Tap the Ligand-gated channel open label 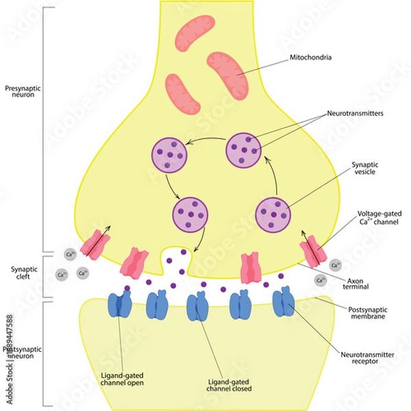(x=121, y=379)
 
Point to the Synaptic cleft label (x=21, y=273)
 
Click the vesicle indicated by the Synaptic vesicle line (x=274, y=215)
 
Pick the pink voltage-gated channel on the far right (x=312, y=248)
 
